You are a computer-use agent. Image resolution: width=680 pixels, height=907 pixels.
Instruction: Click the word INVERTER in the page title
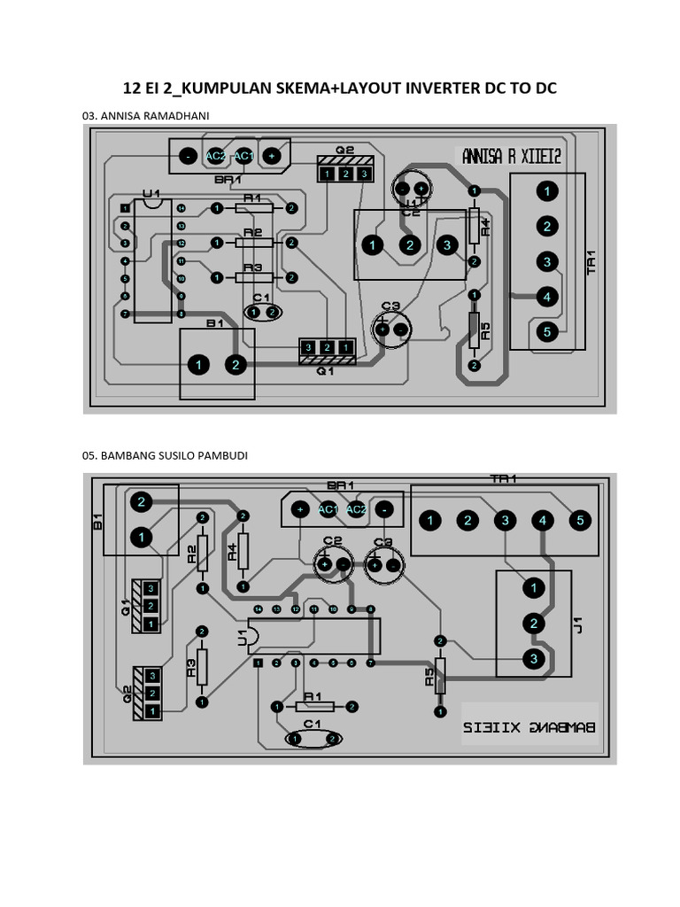pyautogui.click(x=436, y=88)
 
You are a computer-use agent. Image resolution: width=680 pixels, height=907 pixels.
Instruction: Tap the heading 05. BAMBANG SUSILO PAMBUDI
pyautogui.click(x=165, y=455)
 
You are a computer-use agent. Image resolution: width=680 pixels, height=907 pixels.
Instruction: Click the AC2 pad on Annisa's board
pyautogui.click(x=215, y=155)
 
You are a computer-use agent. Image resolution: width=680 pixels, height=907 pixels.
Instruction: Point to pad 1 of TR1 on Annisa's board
pyautogui.click(x=547, y=190)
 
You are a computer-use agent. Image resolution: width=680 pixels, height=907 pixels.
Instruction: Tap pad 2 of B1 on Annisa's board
pyautogui.click(x=236, y=364)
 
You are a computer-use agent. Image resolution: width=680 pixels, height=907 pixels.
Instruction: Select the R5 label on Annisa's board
pyautogui.click(x=484, y=333)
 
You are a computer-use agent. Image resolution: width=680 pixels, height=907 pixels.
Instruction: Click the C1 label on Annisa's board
pyautogui.click(x=261, y=298)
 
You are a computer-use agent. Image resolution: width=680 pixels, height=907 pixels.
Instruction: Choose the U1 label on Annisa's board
pyautogui.click(x=151, y=193)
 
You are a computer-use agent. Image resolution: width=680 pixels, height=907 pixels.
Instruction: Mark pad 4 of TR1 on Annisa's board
pyautogui.click(x=547, y=297)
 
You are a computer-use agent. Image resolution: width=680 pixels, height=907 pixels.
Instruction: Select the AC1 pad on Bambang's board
pyautogui.click(x=328, y=509)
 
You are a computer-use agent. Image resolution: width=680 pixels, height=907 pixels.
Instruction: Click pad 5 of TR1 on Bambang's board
pyautogui.click(x=580, y=520)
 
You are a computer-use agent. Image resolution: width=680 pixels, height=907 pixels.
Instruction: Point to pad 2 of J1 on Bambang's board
pyautogui.click(x=533, y=624)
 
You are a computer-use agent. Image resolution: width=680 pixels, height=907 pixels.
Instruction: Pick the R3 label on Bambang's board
pyautogui.click(x=190, y=668)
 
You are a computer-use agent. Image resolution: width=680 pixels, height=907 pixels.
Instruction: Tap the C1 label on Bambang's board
pyautogui.click(x=311, y=724)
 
